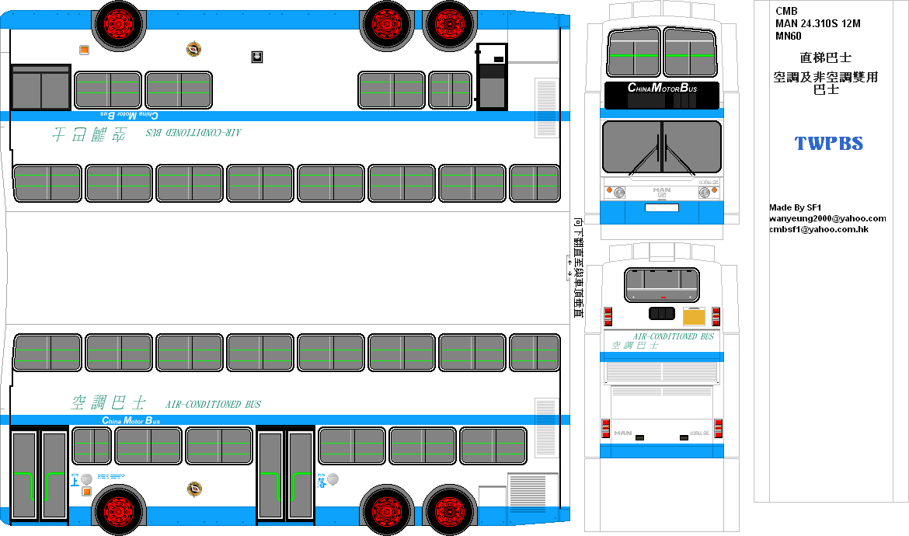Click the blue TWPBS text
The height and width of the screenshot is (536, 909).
pyautogui.click(x=828, y=144)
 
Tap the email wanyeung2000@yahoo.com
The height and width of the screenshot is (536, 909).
pyautogui.click(x=827, y=218)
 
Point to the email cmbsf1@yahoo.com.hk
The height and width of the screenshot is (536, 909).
pyautogui.click(x=818, y=229)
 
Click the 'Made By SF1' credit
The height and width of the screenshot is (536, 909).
pyautogui.click(x=795, y=207)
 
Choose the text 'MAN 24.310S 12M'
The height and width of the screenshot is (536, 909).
pyautogui.click(x=817, y=23)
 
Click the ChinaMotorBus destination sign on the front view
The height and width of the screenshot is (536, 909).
pyautogui.click(x=662, y=89)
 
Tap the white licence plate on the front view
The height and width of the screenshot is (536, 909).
pyautogui.click(x=662, y=207)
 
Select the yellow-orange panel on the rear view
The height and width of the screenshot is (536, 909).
pyautogui.click(x=693, y=316)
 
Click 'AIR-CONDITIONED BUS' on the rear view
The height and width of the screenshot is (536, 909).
pyautogui.click(x=674, y=336)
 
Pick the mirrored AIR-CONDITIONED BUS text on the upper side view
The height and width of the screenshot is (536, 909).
pyautogui.click(x=194, y=133)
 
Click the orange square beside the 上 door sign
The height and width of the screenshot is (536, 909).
pyautogui.click(x=87, y=491)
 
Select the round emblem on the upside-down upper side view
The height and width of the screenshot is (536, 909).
pyautogui.click(x=193, y=49)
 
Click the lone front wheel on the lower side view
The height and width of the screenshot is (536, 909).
pyautogui.click(x=119, y=510)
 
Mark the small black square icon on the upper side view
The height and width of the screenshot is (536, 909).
pyautogui.click(x=256, y=57)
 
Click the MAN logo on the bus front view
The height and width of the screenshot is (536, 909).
pyautogui.click(x=662, y=190)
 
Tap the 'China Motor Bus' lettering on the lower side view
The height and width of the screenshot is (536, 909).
pyautogui.click(x=131, y=420)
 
